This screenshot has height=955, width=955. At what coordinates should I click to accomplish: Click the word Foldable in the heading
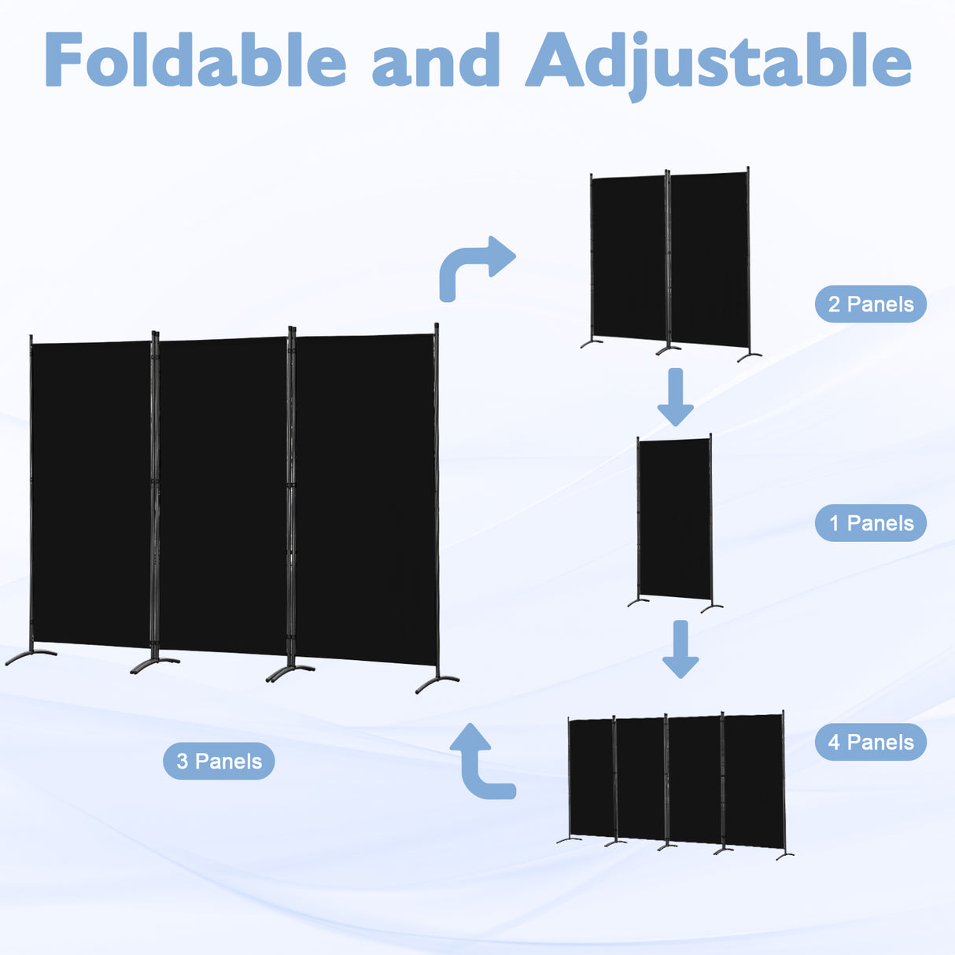pyautogui.click(x=195, y=60)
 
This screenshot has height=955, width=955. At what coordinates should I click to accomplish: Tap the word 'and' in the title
pyautogui.click(x=436, y=60)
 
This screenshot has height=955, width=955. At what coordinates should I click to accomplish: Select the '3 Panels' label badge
pyautogui.click(x=219, y=761)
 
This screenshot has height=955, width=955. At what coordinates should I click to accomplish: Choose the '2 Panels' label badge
pyautogui.click(x=871, y=304)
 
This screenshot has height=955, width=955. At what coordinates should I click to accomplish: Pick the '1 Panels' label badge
pyautogui.click(x=871, y=523)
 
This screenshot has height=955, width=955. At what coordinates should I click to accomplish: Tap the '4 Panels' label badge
pyautogui.click(x=871, y=742)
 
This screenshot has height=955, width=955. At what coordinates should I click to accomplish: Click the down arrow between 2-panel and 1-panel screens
pyautogui.click(x=676, y=397)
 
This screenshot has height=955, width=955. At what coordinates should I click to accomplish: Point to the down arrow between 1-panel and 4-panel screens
pyautogui.click(x=681, y=649)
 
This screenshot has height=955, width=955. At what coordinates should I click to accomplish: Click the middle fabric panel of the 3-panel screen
pyautogui.click(x=223, y=496)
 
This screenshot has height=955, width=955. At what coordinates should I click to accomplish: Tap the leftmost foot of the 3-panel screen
pyautogui.click(x=30, y=657)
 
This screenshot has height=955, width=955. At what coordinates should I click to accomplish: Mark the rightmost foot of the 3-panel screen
pyautogui.click(x=437, y=683)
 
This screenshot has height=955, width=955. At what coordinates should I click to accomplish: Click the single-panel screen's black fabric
pyautogui.click(x=675, y=518)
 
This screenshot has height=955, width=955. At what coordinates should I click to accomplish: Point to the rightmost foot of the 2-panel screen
pyautogui.click(x=748, y=356)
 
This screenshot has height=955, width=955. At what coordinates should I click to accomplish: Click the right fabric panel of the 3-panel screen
pyautogui.click(x=367, y=499)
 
